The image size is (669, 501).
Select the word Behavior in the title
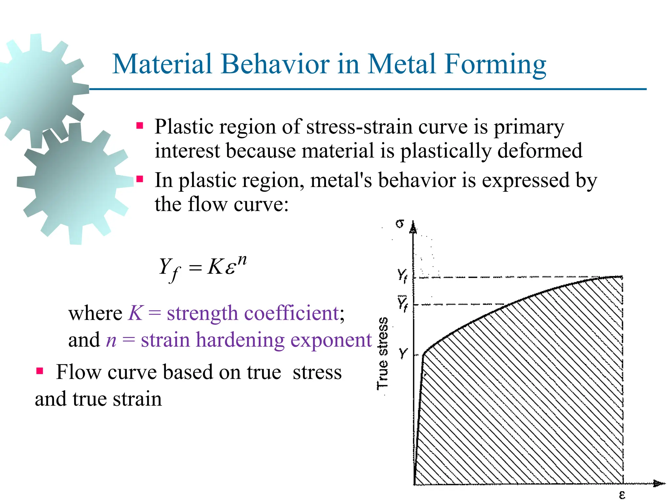pos(275,64)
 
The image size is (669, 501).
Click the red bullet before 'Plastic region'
pos(140,126)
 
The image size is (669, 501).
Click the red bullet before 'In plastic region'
pos(140,179)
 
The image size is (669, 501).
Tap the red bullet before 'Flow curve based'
pos(40,371)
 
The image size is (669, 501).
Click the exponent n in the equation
pos(242,260)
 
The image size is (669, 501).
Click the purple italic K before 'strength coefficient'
pos(135,313)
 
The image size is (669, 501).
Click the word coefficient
pos(291,314)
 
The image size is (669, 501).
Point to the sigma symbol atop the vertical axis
pos(400,224)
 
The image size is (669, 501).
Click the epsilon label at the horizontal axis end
pos(622,495)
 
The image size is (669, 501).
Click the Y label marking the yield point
pos(403,353)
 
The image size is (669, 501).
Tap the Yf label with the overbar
pos(402,304)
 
